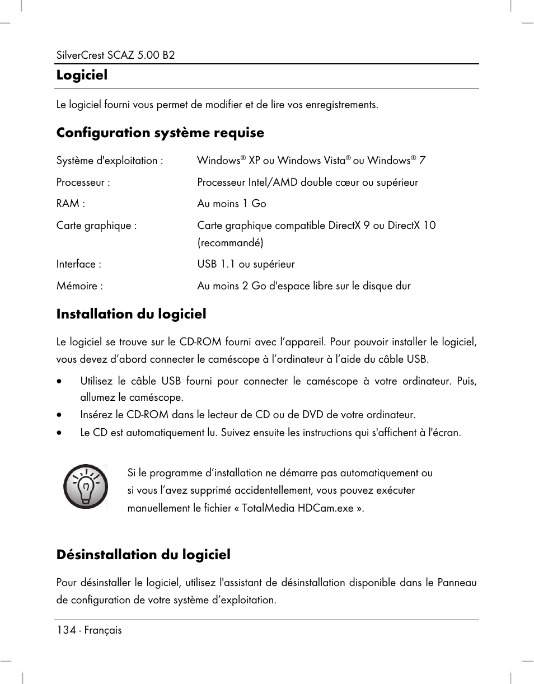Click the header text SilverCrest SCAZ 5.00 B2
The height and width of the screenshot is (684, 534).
(x=115, y=56)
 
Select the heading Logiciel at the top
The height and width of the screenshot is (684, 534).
(x=82, y=75)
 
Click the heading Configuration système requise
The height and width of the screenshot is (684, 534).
(x=160, y=133)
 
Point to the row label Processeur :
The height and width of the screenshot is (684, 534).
(x=83, y=182)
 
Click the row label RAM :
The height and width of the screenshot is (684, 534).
(x=71, y=204)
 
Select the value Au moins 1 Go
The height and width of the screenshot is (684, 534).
(x=231, y=204)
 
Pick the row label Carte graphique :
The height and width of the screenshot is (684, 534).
(x=96, y=226)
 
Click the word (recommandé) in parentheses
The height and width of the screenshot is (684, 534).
(x=230, y=242)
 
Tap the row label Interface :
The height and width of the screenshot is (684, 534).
(x=78, y=264)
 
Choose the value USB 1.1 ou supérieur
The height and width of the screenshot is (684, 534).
(x=246, y=264)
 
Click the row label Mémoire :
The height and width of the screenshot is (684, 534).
(x=79, y=286)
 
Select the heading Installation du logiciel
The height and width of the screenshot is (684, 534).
(x=131, y=314)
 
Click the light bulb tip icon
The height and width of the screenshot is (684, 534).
(x=85, y=486)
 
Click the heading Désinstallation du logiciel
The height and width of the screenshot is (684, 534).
(x=143, y=555)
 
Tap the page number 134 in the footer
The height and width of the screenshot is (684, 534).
(x=65, y=630)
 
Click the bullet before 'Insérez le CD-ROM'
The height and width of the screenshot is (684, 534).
(x=59, y=415)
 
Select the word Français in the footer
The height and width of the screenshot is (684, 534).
(x=103, y=630)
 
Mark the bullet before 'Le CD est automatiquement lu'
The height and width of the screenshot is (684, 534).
(x=59, y=433)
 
